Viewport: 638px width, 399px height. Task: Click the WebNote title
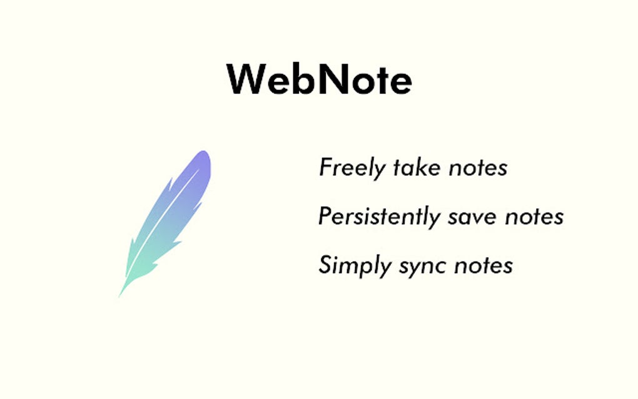(x=319, y=79)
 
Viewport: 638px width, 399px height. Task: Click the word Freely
(x=352, y=168)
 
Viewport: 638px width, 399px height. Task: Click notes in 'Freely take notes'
(x=478, y=168)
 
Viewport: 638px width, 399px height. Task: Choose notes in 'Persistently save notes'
(x=535, y=217)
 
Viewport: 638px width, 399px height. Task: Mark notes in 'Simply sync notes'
(x=484, y=265)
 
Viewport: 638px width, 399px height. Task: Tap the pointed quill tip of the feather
(x=120, y=295)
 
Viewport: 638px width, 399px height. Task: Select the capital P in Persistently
(x=325, y=216)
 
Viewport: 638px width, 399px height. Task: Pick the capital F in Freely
(x=327, y=168)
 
